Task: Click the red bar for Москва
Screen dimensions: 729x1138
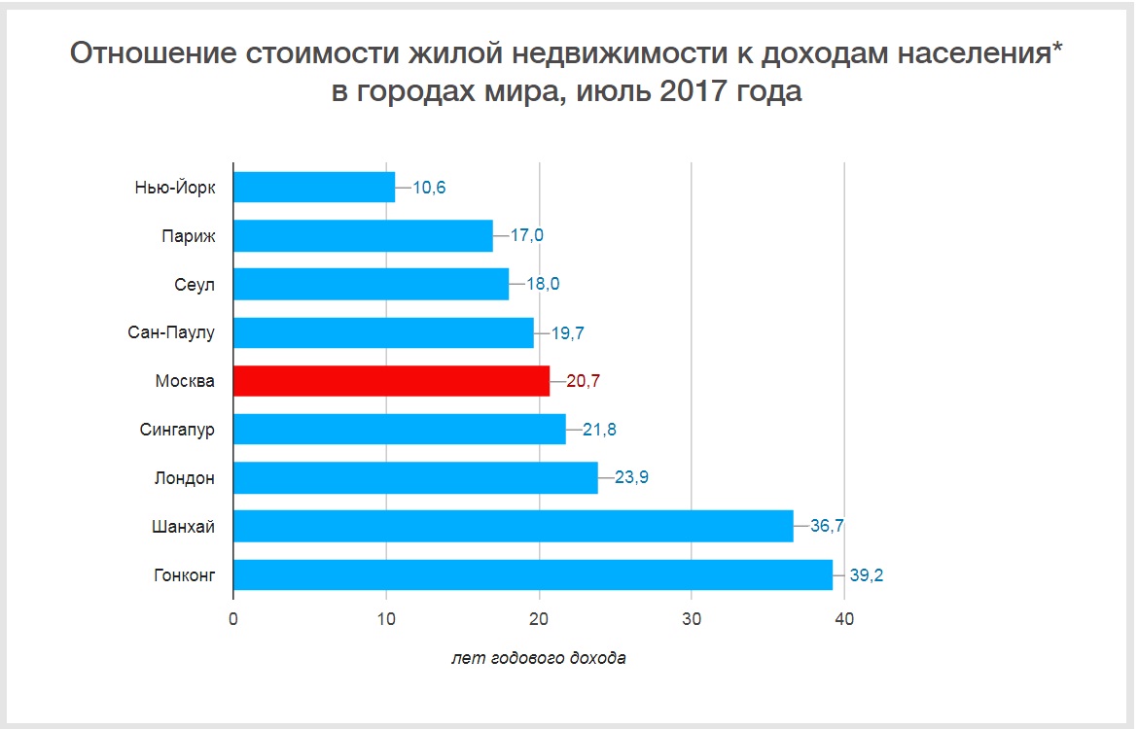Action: click(x=391, y=381)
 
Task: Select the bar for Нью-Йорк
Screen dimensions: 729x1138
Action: click(x=314, y=187)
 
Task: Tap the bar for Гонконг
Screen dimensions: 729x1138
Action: click(x=533, y=574)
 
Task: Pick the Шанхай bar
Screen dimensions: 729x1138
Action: click(x=514, y=526)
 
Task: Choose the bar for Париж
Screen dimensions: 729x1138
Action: click(x=363, y=235)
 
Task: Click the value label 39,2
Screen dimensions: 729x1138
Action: click(x=866, y=575)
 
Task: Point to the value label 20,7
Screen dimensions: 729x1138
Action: click(x=583, y=381)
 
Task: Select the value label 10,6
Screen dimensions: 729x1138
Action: click(x=429, y=187)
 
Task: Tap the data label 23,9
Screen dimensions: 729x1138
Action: click(x=631, y=478)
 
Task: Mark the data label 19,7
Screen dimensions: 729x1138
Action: click(x=567, y=332)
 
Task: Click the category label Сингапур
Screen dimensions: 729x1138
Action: click(x=177, y=430)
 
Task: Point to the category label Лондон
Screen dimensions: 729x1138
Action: click(x=184, y=478)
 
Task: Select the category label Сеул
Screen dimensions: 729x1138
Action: click(x=193, y=284)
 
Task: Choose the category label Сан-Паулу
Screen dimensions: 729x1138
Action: click(x=171, y=332)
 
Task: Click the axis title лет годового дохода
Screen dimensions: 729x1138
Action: click(x=539, y=658)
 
